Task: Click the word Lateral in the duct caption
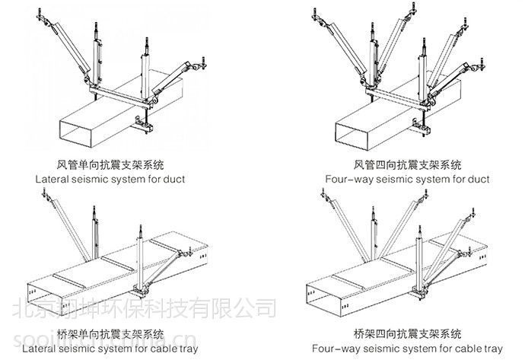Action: [56, 180]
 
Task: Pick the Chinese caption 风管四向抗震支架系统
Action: [409, 164]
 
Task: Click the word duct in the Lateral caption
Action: [173, 180]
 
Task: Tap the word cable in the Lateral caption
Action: [180, 349]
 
